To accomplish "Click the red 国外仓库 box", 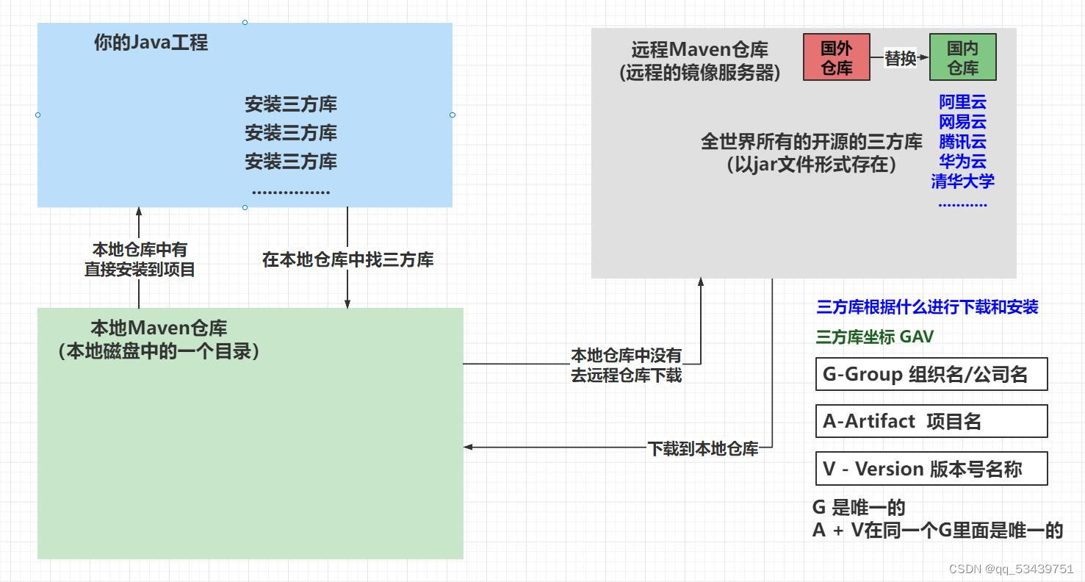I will click(x=836, y=57).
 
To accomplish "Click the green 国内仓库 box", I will click(x=962, y=57).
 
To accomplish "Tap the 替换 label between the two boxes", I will click(x=900, y=58).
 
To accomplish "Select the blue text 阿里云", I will click(x=962, y=102).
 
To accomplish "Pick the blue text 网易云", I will click(x=962, y=122).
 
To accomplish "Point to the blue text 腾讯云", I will click(x=962, y=142).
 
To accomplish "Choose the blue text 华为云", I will click(x=962, y=162).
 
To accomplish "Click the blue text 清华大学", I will click(x=962, y=181).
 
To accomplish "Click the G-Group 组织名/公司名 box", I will click(x=931, y=375).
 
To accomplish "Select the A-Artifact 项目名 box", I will click(x=931, y=422).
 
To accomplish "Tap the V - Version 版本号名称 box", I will click(x=931, y=469).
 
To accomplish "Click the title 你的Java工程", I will click(x=151, y=43).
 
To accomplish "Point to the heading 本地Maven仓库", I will click(x=159, y=328).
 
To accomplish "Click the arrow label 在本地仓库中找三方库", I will click(x=347, y=259).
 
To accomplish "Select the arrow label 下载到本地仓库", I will click(x=702, y=448).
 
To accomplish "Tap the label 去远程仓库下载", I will click(x=626, y=375).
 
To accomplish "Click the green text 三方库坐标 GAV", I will click(x=874, y=337).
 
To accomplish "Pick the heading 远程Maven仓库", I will click(x=699, y=50).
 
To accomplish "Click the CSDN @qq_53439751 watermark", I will click(x=1011, y=569).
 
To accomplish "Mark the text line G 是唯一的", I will click(x=858, y=507).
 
